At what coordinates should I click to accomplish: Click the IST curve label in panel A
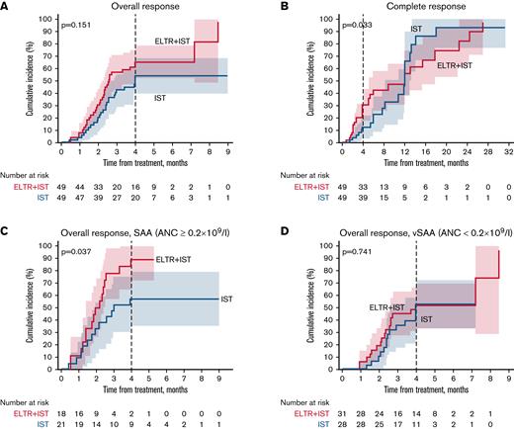click(x=160, y=98)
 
